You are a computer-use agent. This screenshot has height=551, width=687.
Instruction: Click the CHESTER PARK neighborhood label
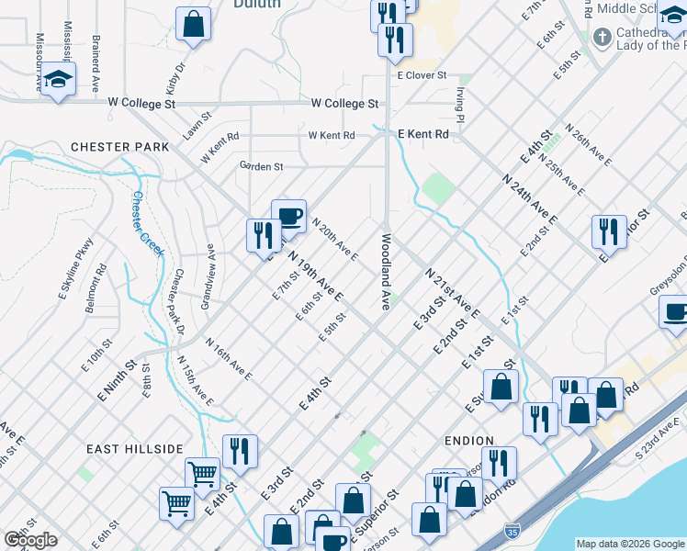click(x=120, y=147)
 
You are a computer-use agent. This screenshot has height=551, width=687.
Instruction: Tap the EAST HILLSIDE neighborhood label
click(x=134, y=448)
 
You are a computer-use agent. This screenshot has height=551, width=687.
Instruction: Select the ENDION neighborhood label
click(x=468, y=441)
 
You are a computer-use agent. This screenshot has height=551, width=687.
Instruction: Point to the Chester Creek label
click(x=146, y=224)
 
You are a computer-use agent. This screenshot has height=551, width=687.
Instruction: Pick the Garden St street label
click(x=261, y=166)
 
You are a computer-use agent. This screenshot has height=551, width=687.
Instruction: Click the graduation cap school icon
click(x=57, y=80)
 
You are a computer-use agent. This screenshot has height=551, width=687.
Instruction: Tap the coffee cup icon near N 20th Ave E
click(x=288, y=217)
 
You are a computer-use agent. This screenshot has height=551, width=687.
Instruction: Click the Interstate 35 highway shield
click(x=512, y=531)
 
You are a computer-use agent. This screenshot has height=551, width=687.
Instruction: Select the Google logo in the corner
click(x=30, y=540)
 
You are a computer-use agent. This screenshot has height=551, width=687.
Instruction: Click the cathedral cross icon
click(x=603, y=38)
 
